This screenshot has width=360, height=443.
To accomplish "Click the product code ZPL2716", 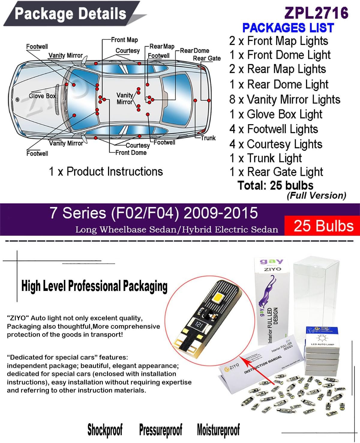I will pos(316,13).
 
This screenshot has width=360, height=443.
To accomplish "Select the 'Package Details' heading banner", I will pos(71,14).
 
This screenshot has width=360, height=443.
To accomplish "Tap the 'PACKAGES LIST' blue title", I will pos(288,28).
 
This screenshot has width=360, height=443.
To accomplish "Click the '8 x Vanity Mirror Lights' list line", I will pos(285,100).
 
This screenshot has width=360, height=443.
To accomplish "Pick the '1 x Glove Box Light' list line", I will pos(276,114).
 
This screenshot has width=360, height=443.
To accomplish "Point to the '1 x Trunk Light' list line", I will pos(265,158).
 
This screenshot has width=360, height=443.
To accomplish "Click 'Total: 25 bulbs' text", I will pos(275,185).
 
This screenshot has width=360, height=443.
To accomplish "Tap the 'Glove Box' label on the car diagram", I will pos(42,96).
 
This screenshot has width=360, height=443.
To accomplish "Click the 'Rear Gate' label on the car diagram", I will pos(207,58).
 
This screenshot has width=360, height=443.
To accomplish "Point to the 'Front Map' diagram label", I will pos(124,40).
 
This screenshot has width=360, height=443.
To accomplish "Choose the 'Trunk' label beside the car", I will pos(208,138).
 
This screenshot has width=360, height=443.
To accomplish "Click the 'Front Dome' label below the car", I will pos(131,153).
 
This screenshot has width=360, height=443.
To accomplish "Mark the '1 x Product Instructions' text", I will pos(106,172).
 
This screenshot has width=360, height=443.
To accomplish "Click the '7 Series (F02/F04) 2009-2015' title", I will pos(154,213).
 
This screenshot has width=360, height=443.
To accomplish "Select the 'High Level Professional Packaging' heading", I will pos(94,286).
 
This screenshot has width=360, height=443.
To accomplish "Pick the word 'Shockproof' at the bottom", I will pos(105,430).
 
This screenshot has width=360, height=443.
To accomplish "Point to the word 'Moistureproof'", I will pos(218,430).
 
